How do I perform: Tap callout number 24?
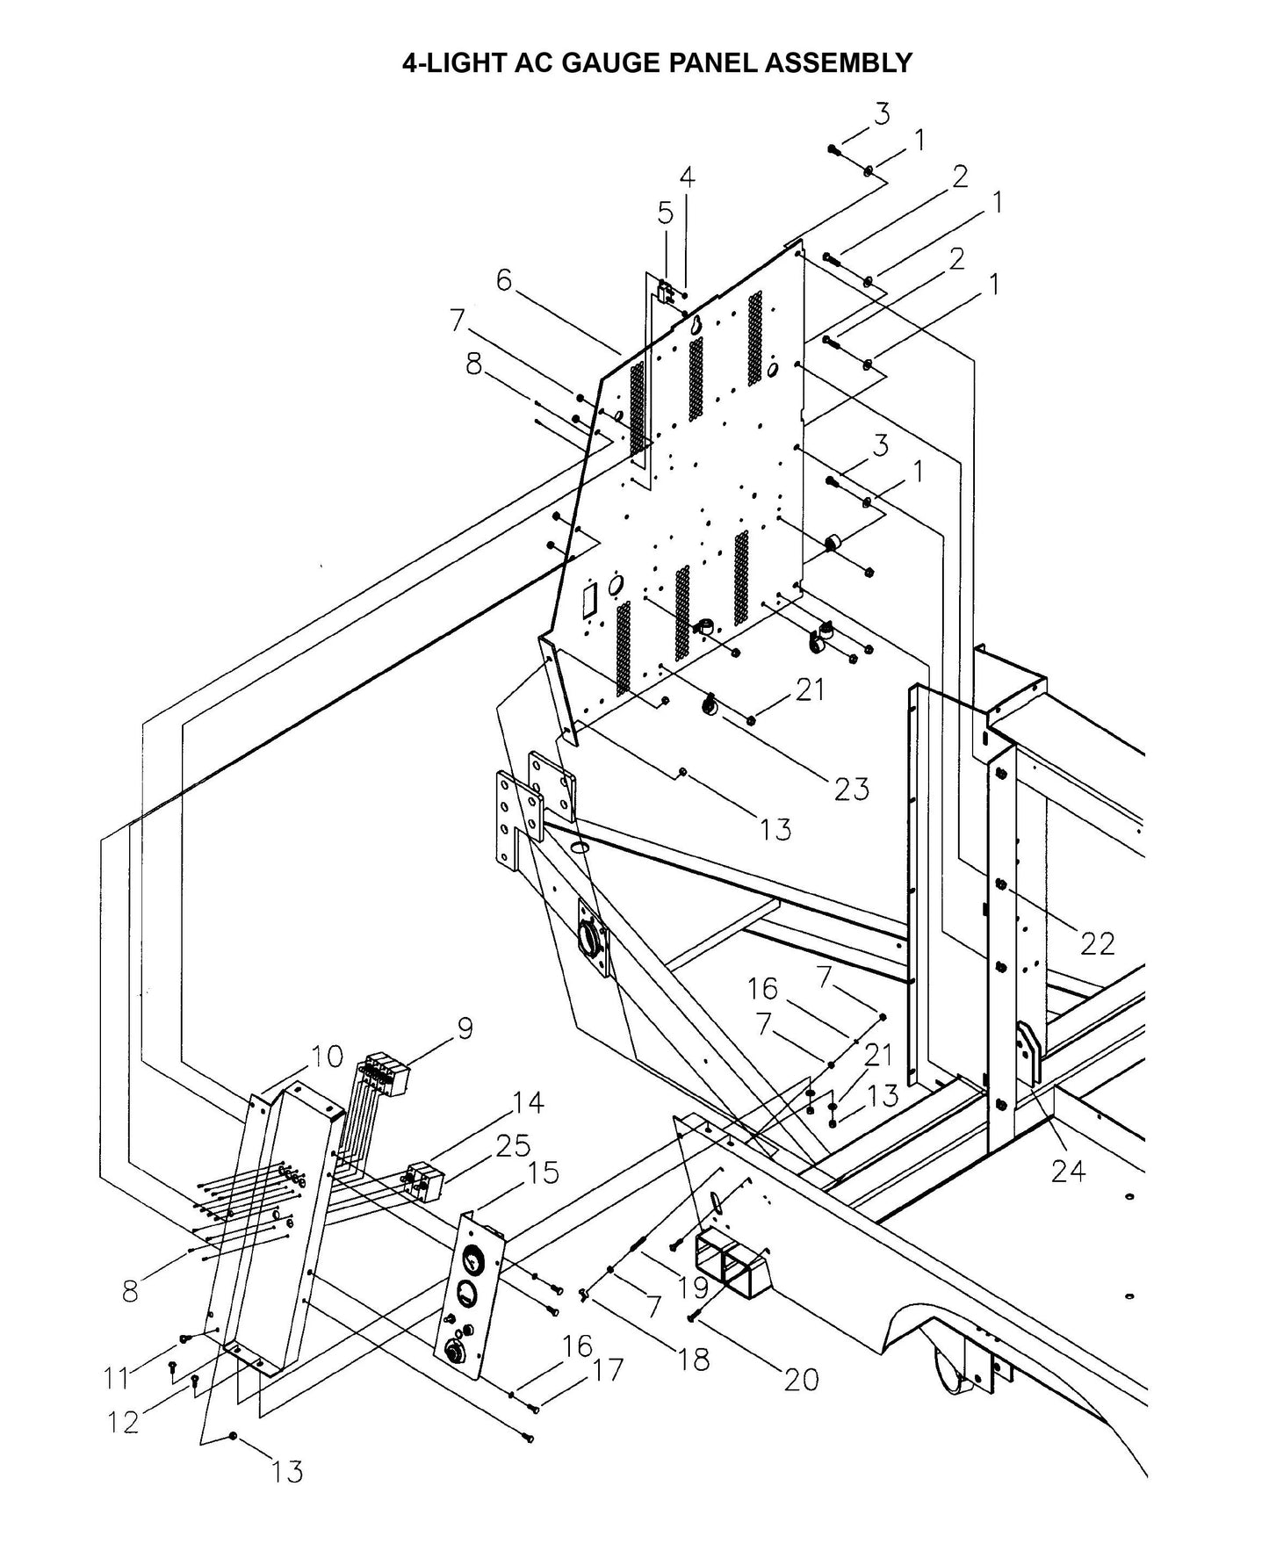(x=1068, y=1171)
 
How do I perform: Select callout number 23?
(x=852, y=788)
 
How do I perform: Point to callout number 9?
(x=464, y=1028)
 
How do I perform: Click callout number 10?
(x=326, y=1057)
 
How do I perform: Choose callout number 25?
(x=513, y=1145)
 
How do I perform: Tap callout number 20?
(x=801, y=1379)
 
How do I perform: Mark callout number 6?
(x=503, y=280)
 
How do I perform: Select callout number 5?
(x=665, y=213)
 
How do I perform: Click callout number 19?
(x=693, y=1288)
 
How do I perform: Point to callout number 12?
(x=124, y=1421)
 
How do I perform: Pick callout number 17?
(x=607, y=1369)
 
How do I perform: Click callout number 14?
(x=527, y=1102)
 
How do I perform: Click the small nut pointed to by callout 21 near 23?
(x=752, y=720)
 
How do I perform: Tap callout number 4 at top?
(x=687, y=177)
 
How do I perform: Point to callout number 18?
(x=694, y=1360)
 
